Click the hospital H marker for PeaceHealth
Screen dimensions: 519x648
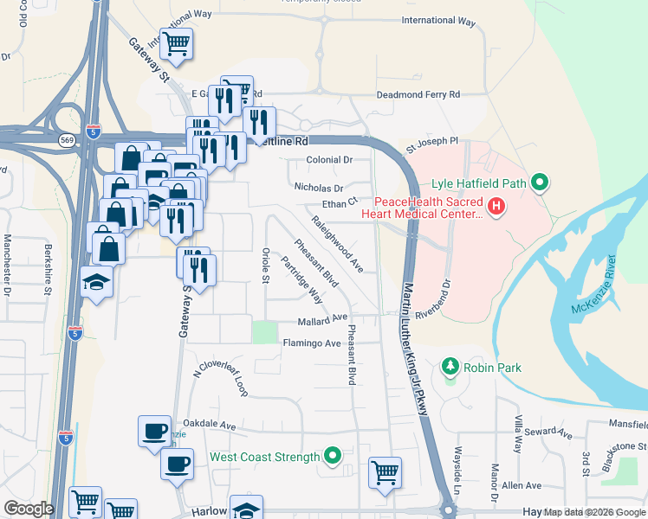(x=496, y=207)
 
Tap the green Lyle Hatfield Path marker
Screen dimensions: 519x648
(x=541, y=183)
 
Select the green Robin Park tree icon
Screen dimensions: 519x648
(x=450, y=368)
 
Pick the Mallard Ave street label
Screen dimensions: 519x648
(x=324, y=319)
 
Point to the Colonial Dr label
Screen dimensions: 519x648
(x=330, y=160)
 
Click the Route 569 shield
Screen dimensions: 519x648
(x=68, y=139)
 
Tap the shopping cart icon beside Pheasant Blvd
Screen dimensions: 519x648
(x=385, y=472)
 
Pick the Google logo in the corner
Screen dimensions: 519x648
(x=28, y=509)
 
